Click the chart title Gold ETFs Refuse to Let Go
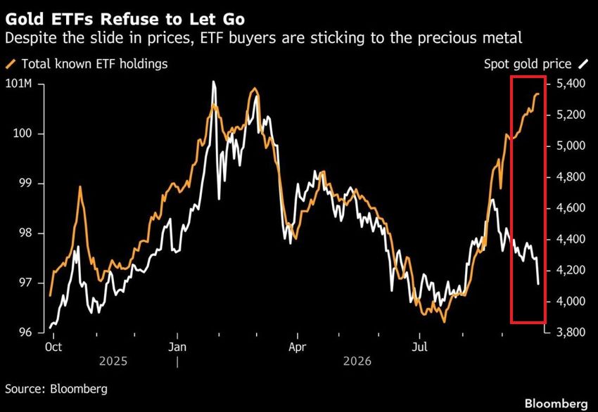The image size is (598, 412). [x=125, y=19]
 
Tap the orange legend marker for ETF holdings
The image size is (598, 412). [x=12, y=64]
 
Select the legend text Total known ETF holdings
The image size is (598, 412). [x=94, y=64]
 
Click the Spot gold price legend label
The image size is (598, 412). [x=528, y=64]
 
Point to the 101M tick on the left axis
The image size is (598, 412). [x=19, y=84]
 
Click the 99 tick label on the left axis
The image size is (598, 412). [x=25, y=184]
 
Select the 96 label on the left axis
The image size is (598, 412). [x=25, y=333]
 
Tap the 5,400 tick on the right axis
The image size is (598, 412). [x=571, y=84]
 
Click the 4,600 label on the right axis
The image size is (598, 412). [x=571, y=207]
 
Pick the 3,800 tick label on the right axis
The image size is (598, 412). [x=571, y=332]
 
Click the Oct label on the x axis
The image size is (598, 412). [x=53, y=347]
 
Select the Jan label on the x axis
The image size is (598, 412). [x=177, y=347]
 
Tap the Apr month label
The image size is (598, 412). [x=297, y=347]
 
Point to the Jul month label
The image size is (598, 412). [x=419, y=347]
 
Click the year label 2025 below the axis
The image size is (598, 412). [x=113, y=361]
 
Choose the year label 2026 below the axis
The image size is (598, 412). [x=357, y=361]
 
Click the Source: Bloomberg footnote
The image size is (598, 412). [x=56, y=389]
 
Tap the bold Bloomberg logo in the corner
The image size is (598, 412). [x=556, y=404]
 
